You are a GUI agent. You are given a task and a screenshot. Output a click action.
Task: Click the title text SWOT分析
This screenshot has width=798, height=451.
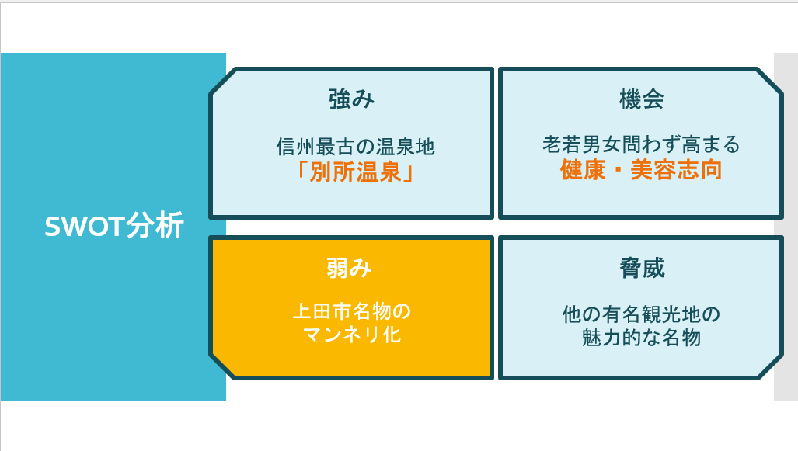[114, 226]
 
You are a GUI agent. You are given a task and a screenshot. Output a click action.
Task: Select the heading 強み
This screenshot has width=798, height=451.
[351, 99]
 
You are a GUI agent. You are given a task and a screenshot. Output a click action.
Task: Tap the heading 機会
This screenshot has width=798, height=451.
[641, 99]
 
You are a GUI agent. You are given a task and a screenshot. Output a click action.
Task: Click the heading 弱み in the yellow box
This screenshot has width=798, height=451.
[349, 268]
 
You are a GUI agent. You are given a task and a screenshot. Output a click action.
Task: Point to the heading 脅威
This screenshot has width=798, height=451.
[642, 268]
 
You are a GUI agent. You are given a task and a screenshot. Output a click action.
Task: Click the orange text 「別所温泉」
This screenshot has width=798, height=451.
[355, 172]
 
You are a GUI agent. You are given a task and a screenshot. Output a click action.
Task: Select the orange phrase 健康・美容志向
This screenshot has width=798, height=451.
[641, 169]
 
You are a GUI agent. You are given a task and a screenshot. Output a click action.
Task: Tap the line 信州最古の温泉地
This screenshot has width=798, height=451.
[355, 147]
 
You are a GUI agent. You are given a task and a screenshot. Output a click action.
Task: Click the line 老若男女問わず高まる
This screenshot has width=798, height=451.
[641, 144]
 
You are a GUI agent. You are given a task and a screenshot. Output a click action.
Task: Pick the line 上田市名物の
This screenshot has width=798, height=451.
[352, 311]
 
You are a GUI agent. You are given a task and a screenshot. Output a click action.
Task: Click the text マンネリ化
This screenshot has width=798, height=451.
[352, 335]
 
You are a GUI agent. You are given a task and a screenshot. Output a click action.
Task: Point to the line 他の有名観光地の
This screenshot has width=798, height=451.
[641, 314]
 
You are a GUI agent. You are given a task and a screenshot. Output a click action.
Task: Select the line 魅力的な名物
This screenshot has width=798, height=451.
[641, 338]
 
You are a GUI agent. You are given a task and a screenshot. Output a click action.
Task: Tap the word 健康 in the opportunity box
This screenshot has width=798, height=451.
[583, 169]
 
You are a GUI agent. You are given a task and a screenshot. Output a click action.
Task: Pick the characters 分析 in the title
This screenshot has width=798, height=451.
[155, 226]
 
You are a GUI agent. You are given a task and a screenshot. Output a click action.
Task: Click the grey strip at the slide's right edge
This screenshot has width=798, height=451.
[786, 227]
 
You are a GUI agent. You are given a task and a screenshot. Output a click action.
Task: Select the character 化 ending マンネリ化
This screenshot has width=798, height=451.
[392, 335]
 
